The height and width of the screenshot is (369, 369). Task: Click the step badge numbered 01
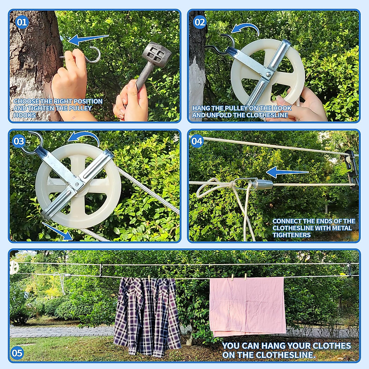coord(22,22)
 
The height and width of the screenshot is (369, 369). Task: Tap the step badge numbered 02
coord(200,22)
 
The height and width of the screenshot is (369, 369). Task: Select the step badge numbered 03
coord(19,141)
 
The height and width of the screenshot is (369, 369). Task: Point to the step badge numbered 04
coord(197,141)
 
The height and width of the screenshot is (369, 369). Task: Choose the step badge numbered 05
coord(17,353)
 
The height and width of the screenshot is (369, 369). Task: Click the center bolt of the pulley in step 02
coord(268,74)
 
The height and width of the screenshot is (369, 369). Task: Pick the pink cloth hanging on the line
coord(247,306)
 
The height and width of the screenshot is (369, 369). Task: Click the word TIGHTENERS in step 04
coord(291,235)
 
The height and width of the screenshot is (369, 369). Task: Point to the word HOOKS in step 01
coord(25,115)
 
